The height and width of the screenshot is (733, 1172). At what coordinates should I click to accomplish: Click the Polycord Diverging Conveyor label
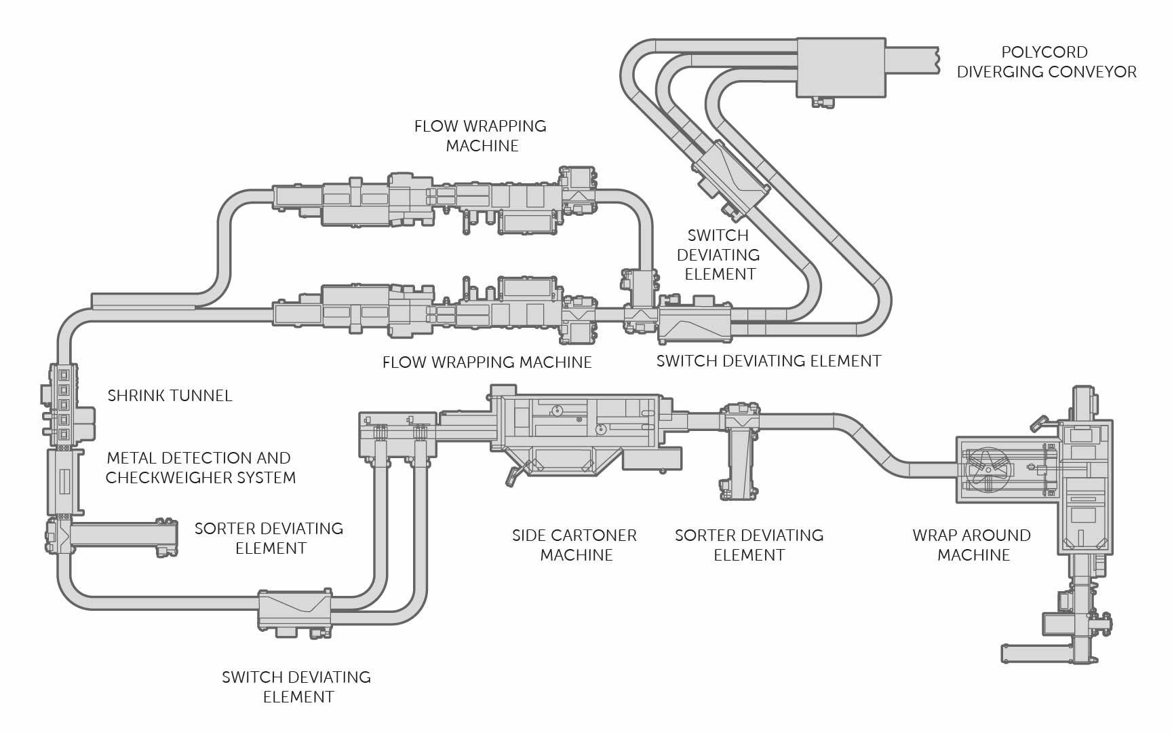1046,62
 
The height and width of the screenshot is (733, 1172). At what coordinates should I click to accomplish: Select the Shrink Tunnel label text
170,396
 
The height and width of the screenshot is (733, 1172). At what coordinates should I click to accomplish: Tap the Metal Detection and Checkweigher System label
200,468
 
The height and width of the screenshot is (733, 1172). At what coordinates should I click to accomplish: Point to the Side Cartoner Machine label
574,545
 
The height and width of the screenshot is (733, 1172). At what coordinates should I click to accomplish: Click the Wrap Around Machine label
972,545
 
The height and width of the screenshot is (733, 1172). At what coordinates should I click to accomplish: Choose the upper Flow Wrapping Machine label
481,136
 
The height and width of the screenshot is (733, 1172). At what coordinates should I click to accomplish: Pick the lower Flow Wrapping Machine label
487,362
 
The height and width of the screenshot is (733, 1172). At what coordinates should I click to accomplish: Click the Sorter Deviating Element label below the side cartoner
749,545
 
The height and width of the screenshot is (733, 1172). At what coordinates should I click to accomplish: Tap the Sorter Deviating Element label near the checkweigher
269,538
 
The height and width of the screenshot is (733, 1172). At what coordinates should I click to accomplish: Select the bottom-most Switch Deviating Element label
296,687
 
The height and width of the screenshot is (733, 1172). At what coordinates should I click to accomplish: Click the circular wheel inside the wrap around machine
988,469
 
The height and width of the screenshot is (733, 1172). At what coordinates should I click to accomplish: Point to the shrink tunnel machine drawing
65,405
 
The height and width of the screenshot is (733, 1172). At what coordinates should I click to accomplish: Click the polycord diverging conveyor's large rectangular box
841,67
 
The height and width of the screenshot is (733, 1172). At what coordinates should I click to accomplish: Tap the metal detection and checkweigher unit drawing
64,482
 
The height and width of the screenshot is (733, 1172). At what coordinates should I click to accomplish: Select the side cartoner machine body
577,434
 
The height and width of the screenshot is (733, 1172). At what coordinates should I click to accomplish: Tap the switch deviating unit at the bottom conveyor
294,610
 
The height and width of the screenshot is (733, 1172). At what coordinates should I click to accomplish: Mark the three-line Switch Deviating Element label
718,255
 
